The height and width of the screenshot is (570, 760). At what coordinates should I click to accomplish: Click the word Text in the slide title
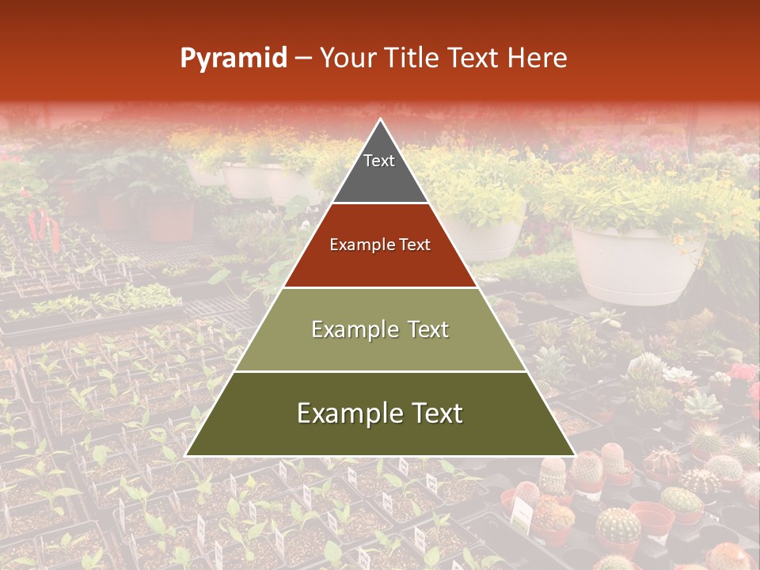(473, 59)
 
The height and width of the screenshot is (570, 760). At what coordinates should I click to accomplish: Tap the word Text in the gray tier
(379, 161)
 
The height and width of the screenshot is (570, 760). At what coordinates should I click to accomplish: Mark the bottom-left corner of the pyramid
(186, 455)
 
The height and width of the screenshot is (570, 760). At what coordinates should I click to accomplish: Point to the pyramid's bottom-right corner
(575, 455)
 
